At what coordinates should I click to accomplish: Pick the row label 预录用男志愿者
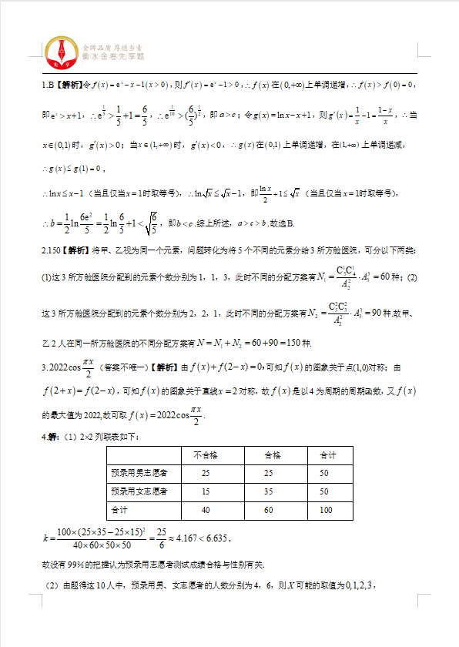139,473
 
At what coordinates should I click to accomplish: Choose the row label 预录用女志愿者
139,491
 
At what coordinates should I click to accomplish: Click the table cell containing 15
206,491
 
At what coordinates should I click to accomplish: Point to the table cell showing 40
206,510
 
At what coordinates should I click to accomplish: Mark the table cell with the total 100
324,510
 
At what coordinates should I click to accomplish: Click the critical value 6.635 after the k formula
215,538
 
